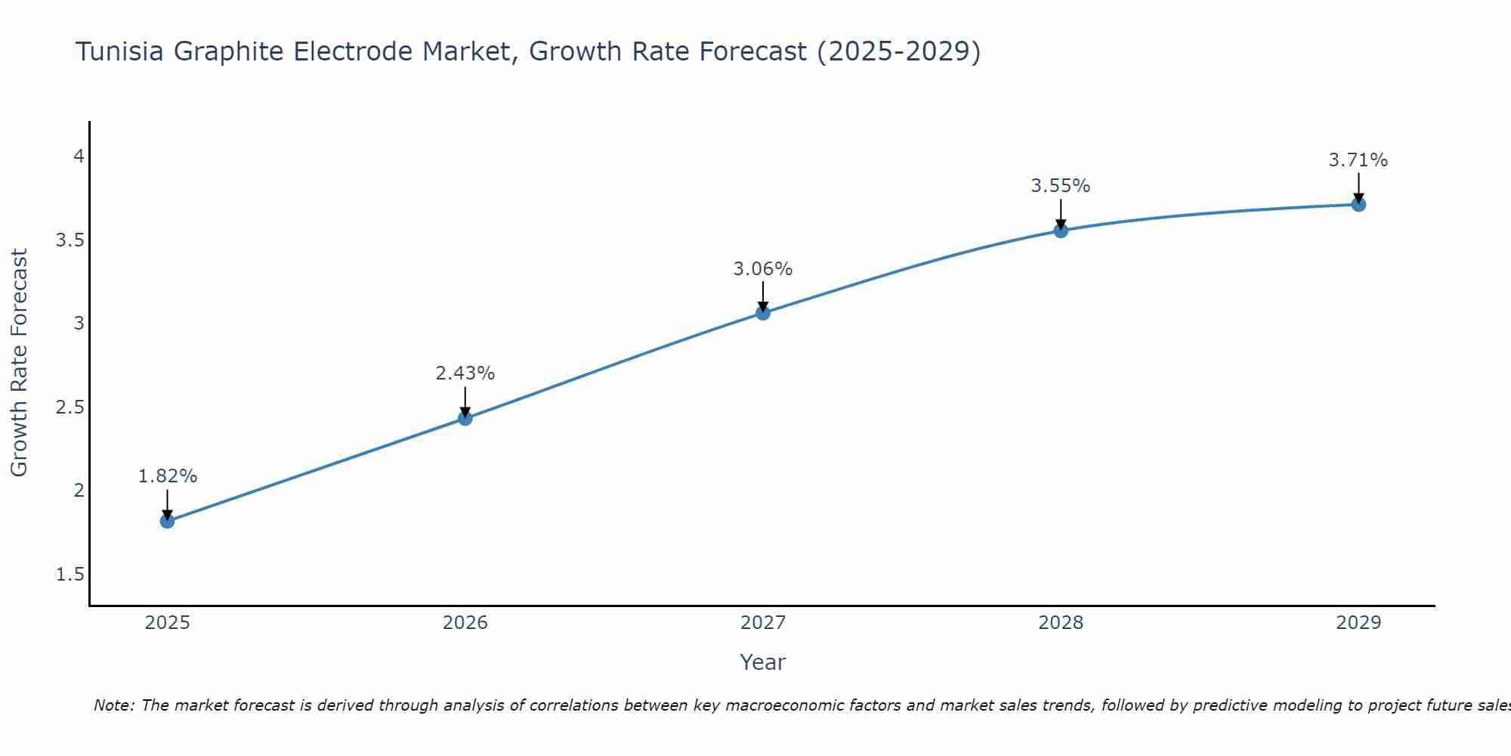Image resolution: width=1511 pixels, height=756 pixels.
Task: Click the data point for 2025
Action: (x=167, y=521)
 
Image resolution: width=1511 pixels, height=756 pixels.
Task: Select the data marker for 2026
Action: (x=465, y=418)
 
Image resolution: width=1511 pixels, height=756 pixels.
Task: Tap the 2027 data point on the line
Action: (x=763, y=313)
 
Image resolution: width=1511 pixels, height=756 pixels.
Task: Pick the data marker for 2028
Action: (x=1061, y=231)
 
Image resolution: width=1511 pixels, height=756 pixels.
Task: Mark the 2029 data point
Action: (x=1358, y=204)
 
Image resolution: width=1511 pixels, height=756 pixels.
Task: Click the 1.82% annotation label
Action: (x=168, y=476)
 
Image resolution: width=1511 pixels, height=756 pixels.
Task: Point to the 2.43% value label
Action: (x=465, y=373)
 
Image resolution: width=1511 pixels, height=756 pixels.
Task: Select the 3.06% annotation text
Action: (x=763, y=269)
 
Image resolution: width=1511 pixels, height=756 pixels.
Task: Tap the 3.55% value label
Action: (x=1061, y=186)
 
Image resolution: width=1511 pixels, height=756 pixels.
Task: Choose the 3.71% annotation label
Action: (x=1358, y=160)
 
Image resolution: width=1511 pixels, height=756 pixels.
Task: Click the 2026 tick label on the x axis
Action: (x=465, y=623)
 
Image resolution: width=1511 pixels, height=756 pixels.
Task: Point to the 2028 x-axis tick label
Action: (x=1061, y=623)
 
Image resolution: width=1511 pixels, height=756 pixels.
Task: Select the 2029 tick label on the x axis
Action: (x=1358, y=623)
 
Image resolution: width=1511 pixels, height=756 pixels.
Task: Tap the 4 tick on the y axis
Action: (x=78, y=156)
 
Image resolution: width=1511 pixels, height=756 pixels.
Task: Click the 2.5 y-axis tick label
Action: (x=70, y=407)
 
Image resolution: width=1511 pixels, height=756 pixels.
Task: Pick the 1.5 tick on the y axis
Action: (x=70, y=575)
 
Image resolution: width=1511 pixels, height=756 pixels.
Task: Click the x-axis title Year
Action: (x=763, y=662)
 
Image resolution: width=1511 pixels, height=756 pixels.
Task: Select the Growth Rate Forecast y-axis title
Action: (x=20, y=363)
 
